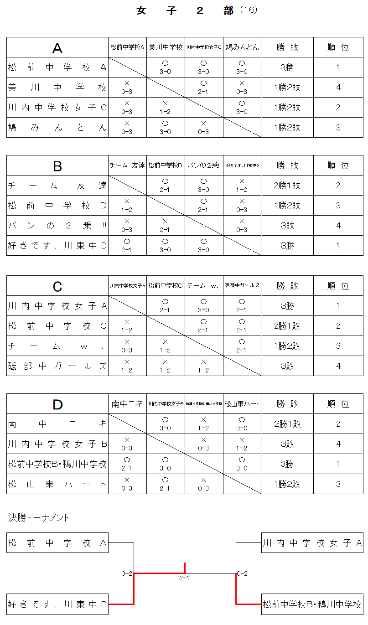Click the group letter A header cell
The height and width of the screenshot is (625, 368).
coord(57,47)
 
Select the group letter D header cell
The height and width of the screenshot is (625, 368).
coord(57,404)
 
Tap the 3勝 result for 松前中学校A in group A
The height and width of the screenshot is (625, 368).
coord(287,67)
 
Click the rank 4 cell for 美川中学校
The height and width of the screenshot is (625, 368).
coord(338,88)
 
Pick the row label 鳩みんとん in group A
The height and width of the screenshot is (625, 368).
coord(57,128)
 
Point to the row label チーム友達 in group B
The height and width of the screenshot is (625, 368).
coord(57,186)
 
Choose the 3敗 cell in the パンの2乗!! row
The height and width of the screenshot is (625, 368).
coord(287,226)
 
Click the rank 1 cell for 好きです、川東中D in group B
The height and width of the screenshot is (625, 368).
coord(338,246)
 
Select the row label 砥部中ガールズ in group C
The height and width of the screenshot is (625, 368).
coord(57,366)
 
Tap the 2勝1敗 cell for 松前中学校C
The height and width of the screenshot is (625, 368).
coord(287,326)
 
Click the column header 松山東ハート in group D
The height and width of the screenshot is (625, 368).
coord(242,404)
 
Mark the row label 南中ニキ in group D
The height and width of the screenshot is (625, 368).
coord(57,424)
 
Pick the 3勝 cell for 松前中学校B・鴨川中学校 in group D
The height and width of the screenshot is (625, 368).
coord(287,464)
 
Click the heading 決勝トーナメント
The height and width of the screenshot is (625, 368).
coord(39,518)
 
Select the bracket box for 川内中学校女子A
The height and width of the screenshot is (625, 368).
coord(312,543)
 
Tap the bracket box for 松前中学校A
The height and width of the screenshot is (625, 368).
coord(57,543)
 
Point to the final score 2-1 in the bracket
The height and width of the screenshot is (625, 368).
coord(184,579)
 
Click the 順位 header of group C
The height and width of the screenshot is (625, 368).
coord(338,286)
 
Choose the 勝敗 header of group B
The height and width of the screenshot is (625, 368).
coord(287,165)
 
